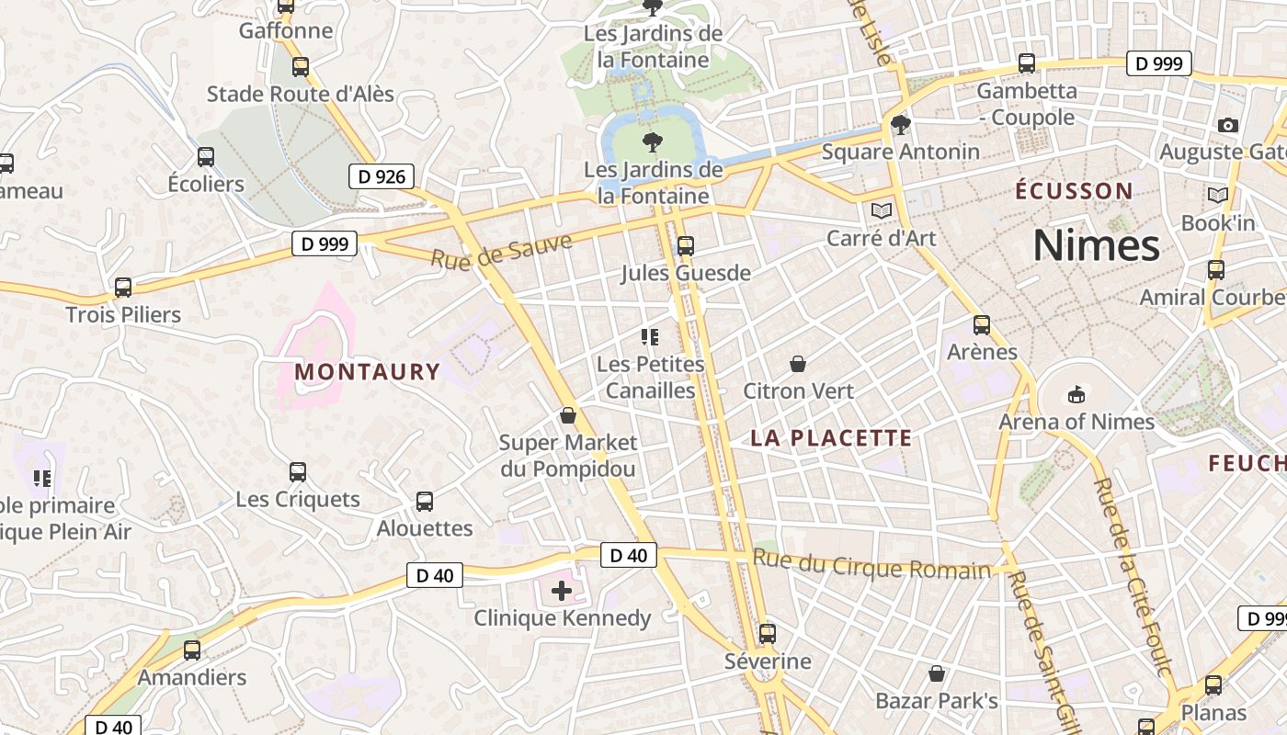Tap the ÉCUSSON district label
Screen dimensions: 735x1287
[1074, 191]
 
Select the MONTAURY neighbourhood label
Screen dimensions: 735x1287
[368, 372]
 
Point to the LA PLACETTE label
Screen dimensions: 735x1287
[831, 438]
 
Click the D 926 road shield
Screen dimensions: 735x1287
[382, 176]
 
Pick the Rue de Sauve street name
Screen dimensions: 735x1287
[501, 250]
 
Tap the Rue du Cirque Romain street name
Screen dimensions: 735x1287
[871, 564]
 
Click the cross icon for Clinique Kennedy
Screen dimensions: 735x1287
[561, 591]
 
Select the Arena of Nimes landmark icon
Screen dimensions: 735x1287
[1076, 395]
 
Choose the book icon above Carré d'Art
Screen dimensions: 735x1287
[881, 211]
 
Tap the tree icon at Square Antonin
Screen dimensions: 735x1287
[899, 125]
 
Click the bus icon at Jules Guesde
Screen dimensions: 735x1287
[685, 246]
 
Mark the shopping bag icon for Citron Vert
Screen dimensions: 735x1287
[798, 364]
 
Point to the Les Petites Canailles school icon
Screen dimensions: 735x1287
[650, 337]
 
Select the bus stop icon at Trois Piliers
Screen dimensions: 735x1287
[123, 288]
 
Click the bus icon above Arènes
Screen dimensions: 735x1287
[982, 325]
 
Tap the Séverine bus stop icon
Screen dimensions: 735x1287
[767, 634]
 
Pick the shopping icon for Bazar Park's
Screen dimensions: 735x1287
[936, 674]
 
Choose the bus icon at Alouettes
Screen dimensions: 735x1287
[424, 502]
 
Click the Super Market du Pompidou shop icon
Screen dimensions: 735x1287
[567, 415]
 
